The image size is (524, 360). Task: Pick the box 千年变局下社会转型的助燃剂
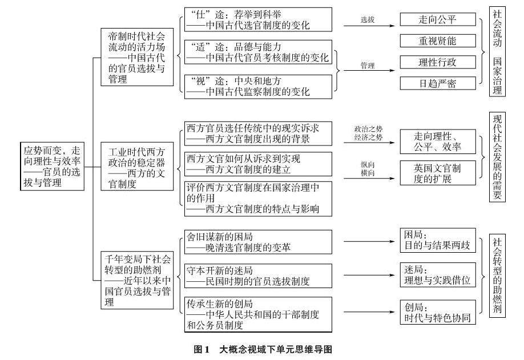(136, 281)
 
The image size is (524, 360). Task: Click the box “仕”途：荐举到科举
(258, 21)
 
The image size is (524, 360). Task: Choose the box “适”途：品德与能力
(258, 52)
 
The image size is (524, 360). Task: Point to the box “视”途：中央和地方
(258, 85)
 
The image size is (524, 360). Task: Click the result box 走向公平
(437, 19)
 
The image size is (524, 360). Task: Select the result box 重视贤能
(437, 41)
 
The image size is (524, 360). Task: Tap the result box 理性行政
(437, 62)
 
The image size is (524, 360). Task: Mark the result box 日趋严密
(437, 83)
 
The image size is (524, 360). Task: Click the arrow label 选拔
(368, 19)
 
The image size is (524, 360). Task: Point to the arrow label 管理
(368, 66)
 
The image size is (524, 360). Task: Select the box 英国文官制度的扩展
(437, 173)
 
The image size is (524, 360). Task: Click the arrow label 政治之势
(368, 128)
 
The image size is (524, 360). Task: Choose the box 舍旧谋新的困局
(258, 242)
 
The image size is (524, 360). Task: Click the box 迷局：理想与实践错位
(437, 275)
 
